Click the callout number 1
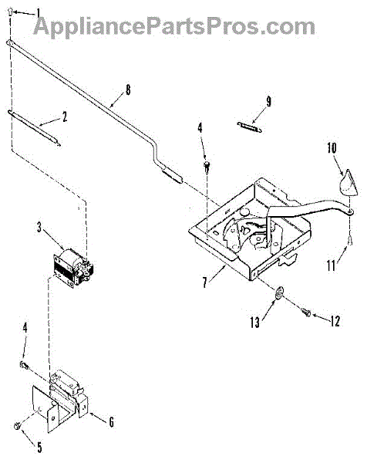[39, 14]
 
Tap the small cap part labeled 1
[10, 12]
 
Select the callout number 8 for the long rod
[127, 90]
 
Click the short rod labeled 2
[34, 127]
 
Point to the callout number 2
[64, 117]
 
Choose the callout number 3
[39, 228]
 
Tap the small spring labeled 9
[249, 127]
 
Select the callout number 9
[268, 102]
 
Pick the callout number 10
[332, 147]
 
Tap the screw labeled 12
[306, 312]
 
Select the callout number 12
[335, 321]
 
